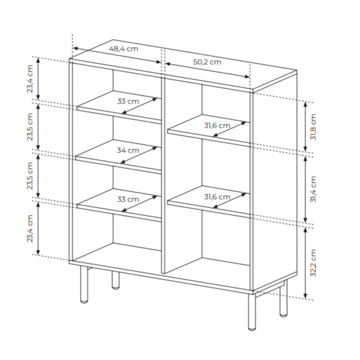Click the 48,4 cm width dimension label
[x=123, y=49]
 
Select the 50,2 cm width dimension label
[x=207, y=62]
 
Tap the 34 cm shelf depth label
[x=128, y=150]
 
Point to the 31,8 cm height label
[x=313, y=127]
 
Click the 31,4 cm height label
[x=313, y=189]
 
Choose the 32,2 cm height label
[x=313, y=263]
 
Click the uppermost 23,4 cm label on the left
[x=30, y=79]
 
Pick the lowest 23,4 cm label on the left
[x=30, y=228]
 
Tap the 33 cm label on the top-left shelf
[x=128, y=101]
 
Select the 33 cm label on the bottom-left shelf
[x=128, y=199]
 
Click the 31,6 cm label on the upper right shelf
[x=217, y=125]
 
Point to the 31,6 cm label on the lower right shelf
[x=217, y=197]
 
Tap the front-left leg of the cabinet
[x=84, y=285]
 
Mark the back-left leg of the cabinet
[x=116, y=280]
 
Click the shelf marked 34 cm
[x=118, y=156]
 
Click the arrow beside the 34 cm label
[x=139, y=155]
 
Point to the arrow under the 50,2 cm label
[x=207, y=70]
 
